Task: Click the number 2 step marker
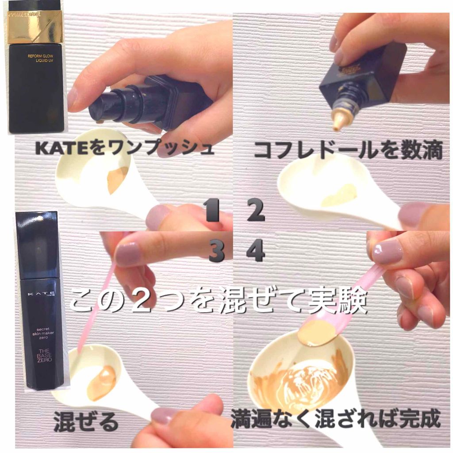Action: (256, 211)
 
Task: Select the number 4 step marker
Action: (256, 251)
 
